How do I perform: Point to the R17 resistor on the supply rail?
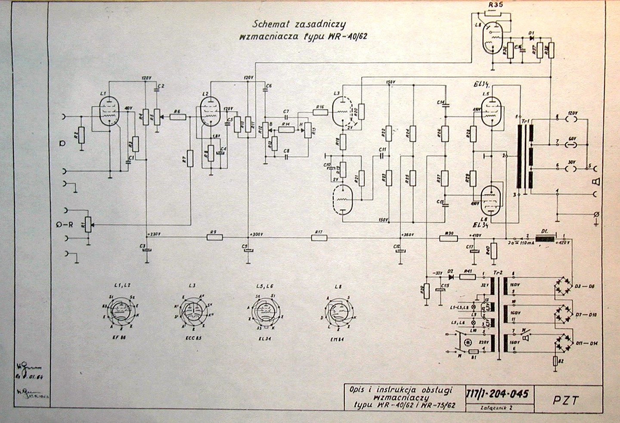tap(319, 237)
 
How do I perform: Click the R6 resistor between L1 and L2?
tap(177, 116)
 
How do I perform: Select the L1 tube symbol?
tap(109, 111)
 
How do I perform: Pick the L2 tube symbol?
tap(211, 111)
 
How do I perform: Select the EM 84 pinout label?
tap(338, 339)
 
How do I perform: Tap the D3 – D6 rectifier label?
tap(585, 286)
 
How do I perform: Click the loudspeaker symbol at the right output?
tap(597, 181)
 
